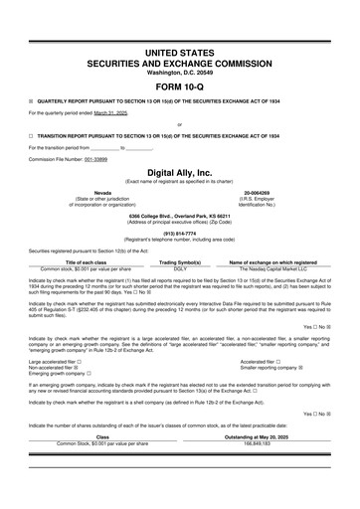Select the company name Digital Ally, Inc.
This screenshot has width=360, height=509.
179,172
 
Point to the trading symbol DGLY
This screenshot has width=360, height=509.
179,268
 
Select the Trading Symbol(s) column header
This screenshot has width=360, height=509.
179,262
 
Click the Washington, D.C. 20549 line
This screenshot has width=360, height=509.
179,72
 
